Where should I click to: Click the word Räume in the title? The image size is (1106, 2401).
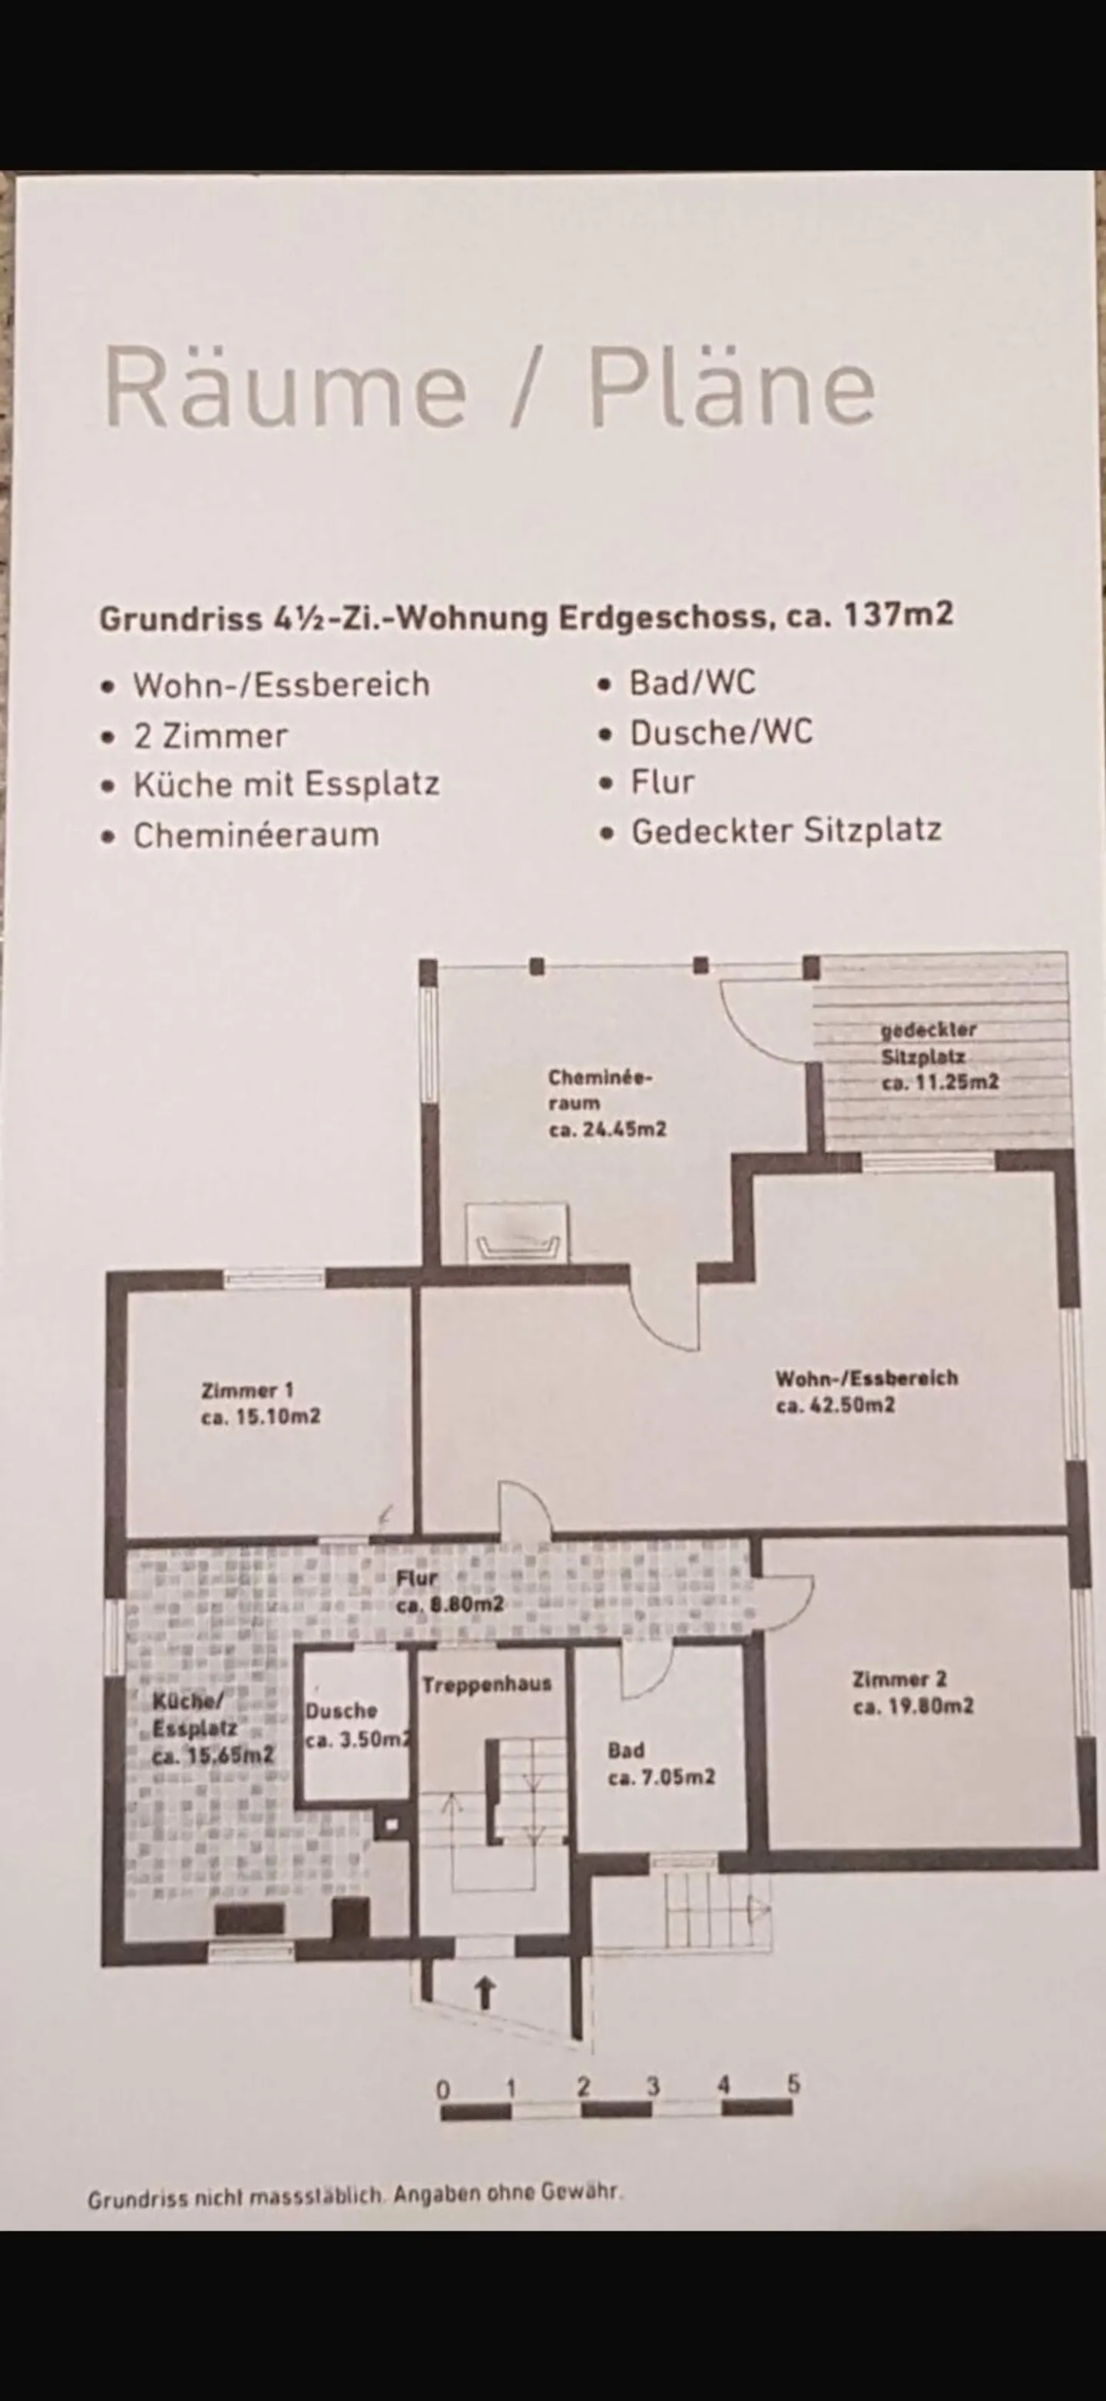coord(284,387)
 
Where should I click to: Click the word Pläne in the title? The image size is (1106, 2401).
coord(731,387)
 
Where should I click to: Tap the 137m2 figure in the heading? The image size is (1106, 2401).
coord(898,615)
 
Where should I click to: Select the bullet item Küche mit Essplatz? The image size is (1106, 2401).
coord(286,784)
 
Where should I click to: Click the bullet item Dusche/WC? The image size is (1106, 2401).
coord(720,732)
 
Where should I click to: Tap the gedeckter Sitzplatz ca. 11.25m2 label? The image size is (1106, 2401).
coord(937,1057)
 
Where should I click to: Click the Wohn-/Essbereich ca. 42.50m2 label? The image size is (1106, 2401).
coord(866,1391)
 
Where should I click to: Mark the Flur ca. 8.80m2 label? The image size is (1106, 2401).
coord(449,1591)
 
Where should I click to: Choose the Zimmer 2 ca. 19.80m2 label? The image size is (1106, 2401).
coord(912,1693)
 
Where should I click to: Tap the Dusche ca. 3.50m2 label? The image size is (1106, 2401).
coord(356,1726)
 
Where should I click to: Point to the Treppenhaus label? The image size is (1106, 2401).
coord(486,1684)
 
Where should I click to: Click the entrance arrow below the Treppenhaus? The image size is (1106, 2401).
coord(484,1993)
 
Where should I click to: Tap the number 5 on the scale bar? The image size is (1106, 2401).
coord(793,2083)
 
